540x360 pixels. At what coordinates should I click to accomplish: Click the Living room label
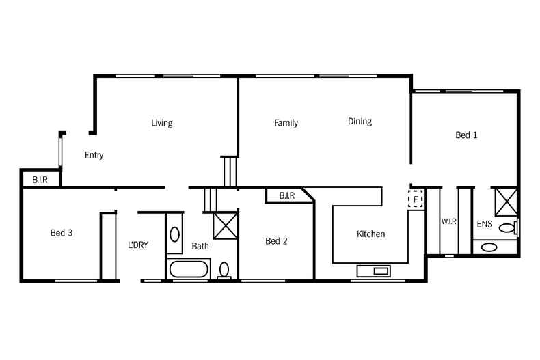(x=162, y=124)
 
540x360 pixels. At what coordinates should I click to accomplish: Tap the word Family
(x=286, y=124)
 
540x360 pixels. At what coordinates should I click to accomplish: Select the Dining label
(x=360, y=122)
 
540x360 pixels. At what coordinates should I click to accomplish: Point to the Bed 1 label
(x=466, y=135)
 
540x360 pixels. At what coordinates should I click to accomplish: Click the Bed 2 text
(x=276, y=241)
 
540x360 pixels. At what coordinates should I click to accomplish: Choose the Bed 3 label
(x=62, y=233)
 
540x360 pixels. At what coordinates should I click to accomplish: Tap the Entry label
(x=94, y=156)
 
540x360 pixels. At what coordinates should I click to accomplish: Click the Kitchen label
(x=370, y=234)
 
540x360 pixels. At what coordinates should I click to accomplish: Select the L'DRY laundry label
(x=138, y=245)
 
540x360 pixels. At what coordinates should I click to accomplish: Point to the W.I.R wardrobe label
(x=448, y=222)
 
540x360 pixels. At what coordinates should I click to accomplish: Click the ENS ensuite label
(x=484, y=223)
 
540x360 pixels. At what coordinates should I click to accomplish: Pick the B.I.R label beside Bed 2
(x=286, y=196)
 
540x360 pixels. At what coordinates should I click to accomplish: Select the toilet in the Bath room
(x=224, y=271)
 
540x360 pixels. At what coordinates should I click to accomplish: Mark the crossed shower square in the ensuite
(x=506, y=203)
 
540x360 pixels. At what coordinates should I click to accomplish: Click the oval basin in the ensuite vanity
(x=489, y=247)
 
